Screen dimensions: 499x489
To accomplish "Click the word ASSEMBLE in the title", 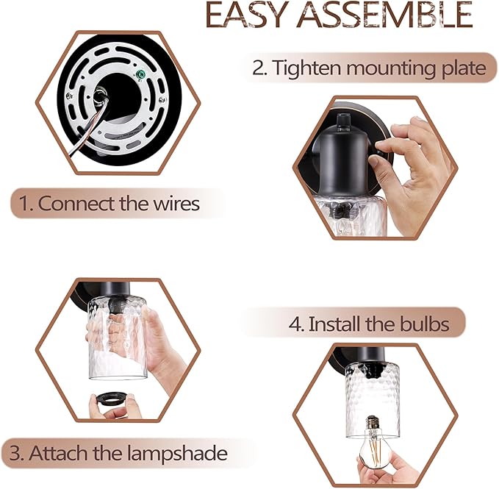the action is click(384, 15).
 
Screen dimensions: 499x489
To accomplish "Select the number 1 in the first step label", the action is click(24, 204).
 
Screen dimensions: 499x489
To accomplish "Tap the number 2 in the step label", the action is click(259, 68).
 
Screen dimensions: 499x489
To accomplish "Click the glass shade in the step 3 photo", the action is click(118, 338).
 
